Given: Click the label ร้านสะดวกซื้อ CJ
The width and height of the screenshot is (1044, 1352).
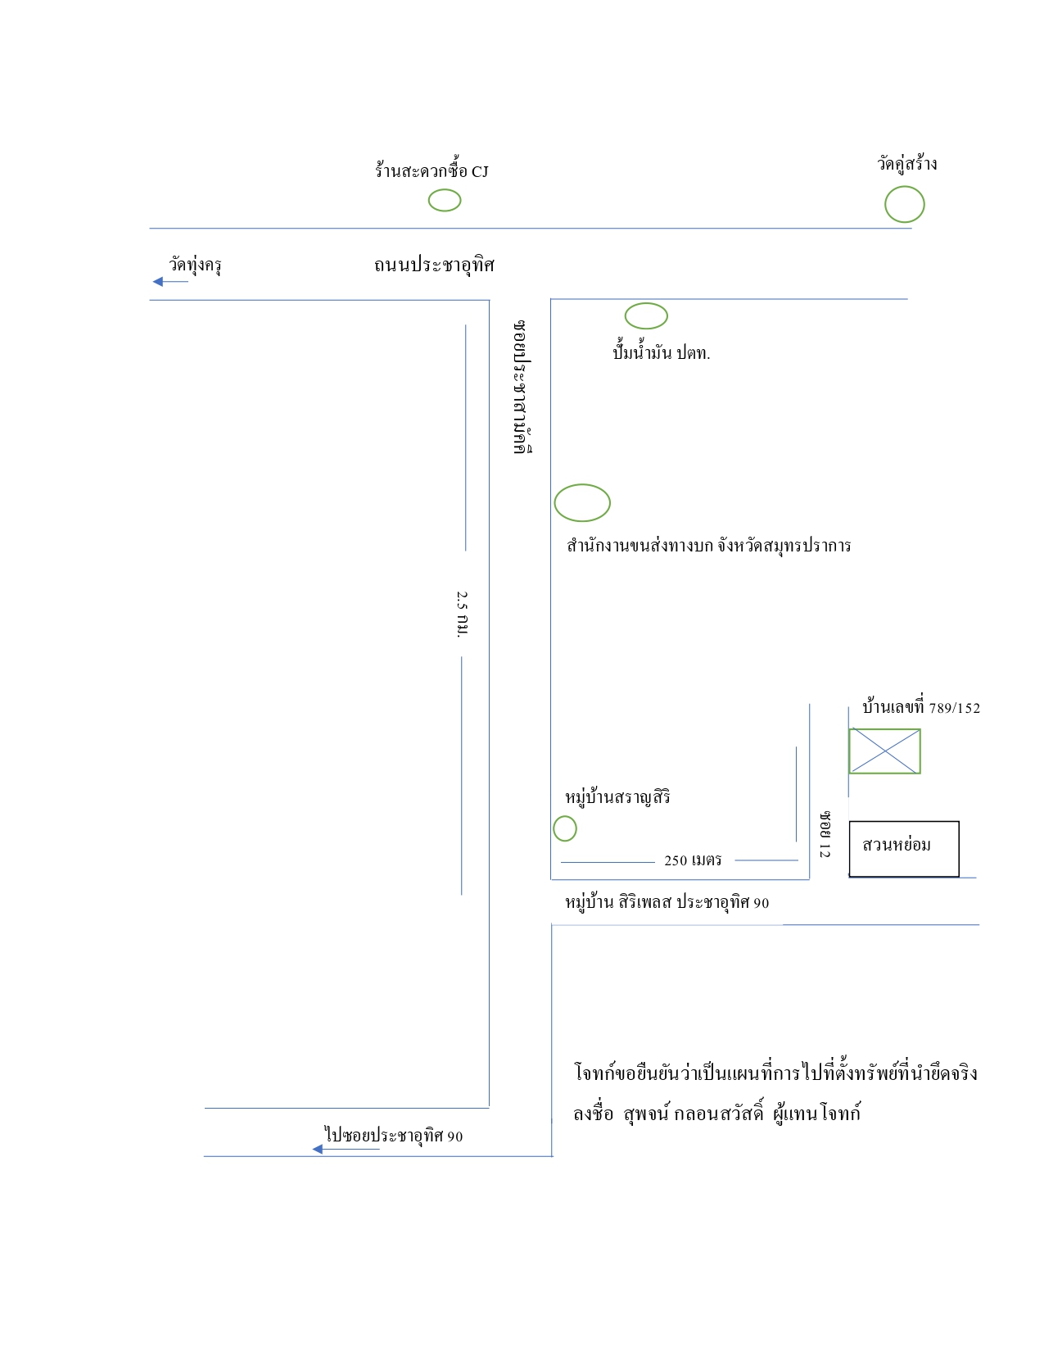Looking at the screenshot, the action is click(x=432, y=170).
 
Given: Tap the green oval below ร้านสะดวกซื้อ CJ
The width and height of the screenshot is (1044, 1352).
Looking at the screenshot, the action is click(x=445, y=190).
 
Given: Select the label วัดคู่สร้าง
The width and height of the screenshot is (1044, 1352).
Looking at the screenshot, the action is click(x=906, y=163).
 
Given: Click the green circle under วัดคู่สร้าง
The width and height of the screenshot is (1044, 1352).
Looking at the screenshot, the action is click(x=905, y=187).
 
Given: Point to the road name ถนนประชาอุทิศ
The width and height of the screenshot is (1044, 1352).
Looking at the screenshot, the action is click(x=434, y=265).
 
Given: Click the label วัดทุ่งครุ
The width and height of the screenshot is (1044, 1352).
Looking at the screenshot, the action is click(x=195, y=265).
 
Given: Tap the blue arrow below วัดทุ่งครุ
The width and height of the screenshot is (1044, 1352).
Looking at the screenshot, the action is click(x=170, y=282).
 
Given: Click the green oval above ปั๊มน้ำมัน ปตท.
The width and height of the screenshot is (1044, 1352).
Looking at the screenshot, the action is click(x=646, y=304).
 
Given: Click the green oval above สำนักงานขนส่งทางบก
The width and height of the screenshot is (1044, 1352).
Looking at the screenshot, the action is click(x=582, y=485).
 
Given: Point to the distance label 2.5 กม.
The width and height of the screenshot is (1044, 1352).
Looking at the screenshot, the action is click(x=462, y=614).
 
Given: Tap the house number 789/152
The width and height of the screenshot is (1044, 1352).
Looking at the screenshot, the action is click(x=955, y=708).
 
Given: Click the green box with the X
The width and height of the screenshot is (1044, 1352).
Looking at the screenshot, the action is click(x=885, y=730).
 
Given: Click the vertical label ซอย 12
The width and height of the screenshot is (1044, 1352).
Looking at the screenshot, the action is click(x=825, y=834).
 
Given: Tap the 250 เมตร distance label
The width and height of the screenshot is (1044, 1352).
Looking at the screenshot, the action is click(x=693, y=860).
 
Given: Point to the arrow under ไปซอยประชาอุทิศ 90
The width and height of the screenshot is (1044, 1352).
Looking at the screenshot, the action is click(x=346, y=1149).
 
